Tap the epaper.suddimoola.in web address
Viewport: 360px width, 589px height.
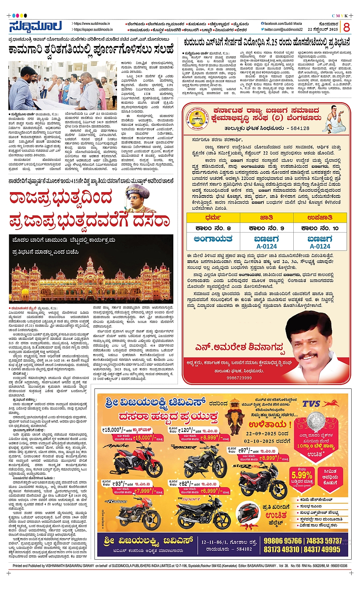click(93, 29)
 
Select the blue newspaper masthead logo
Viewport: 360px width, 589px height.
click(35, 26)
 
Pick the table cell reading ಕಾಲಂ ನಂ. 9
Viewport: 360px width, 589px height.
click(266, 228)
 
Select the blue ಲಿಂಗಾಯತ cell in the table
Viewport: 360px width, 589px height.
click(213, 239)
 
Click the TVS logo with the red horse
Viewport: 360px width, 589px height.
click(320, 404)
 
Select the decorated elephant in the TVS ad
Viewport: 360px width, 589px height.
click(235, 421)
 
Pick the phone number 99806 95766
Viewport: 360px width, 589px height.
click(282, 541)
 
